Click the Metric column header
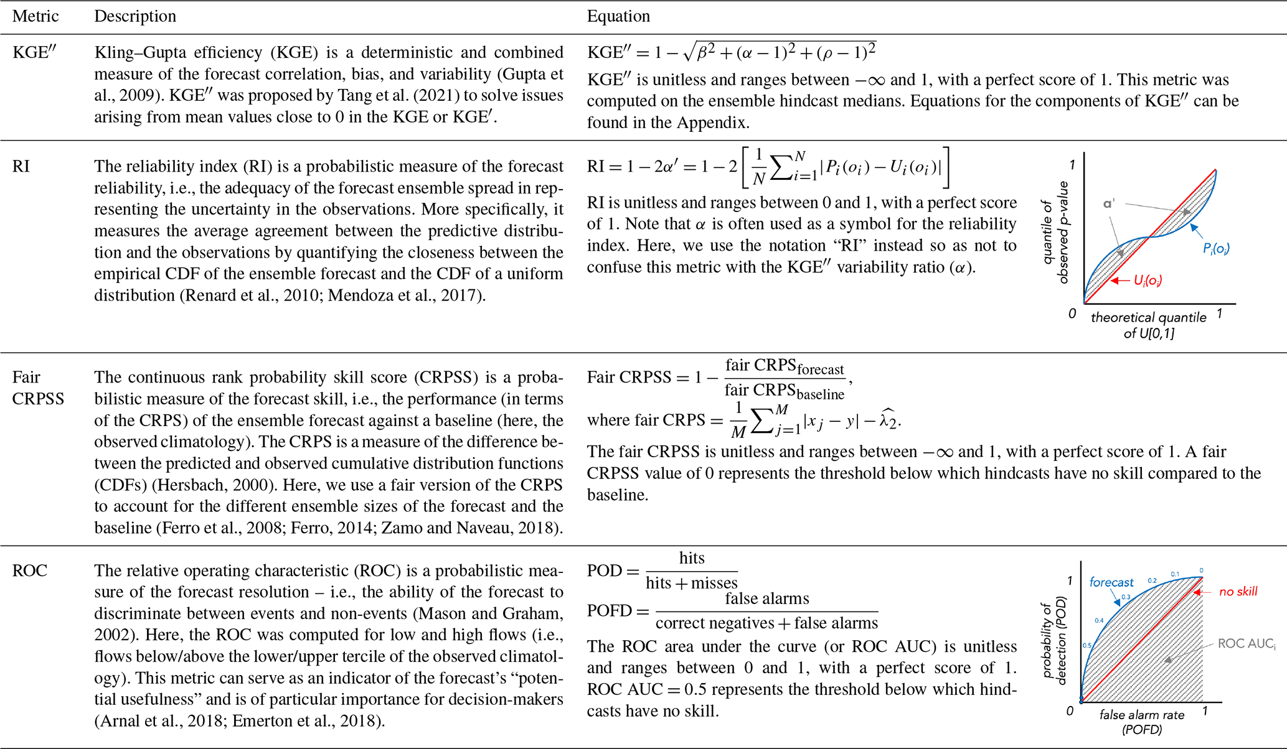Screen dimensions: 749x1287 35,16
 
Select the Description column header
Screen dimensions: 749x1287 135,16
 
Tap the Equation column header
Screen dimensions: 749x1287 618,16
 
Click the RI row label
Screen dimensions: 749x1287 21,167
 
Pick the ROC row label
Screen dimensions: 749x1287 30,571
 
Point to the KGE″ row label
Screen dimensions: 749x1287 34,53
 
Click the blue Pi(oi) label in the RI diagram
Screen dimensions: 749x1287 1216,249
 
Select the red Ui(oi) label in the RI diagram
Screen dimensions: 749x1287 1148,281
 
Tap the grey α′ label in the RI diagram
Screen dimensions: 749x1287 1109,204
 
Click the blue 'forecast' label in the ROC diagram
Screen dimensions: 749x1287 1111,582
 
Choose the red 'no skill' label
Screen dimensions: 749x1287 1238,592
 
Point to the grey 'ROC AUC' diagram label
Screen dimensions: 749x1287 1246,644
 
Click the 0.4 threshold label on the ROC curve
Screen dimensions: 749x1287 1099,620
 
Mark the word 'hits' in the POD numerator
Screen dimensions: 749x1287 692,558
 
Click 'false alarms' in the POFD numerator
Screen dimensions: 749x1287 767,598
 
